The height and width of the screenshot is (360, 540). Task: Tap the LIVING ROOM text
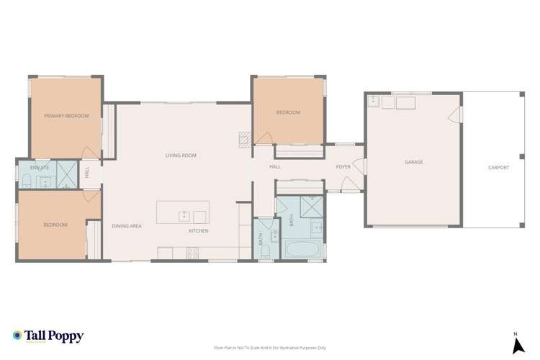[x=181, y=156]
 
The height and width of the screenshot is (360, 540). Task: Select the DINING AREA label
[x=126, y=226]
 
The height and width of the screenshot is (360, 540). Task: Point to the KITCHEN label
[x=199, y=230]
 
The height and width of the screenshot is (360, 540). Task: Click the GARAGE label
[x=413, y=163]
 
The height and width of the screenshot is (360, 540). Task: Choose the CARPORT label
[x=498, y=167]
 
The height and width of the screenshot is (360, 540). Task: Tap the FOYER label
[x=343, y=167]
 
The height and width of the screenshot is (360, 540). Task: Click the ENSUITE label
[x=40, y=167]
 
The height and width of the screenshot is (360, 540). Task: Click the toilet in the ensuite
[x=26, y=180]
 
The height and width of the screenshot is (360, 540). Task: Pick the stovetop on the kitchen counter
[x=193, y=252]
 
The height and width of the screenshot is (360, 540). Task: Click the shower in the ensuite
[x=67, y=175]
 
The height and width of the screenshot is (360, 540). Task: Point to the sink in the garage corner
[x=374, y=102]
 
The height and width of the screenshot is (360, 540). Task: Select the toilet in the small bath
[x=264, y=249]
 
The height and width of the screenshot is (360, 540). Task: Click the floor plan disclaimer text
[x=270, y=346]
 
